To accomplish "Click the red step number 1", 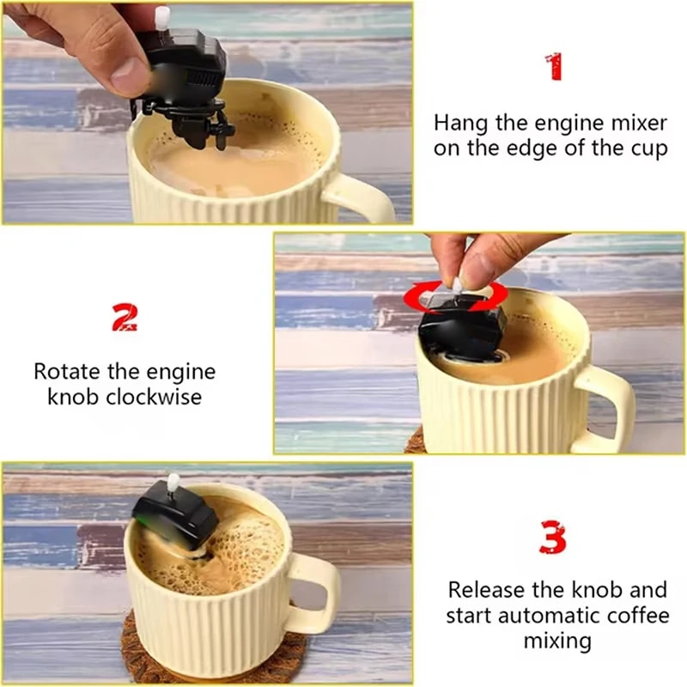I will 554,67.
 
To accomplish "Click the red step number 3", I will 553,538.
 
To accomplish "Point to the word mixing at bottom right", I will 556,641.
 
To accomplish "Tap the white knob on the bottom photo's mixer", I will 173,483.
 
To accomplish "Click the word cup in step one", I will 648,148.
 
